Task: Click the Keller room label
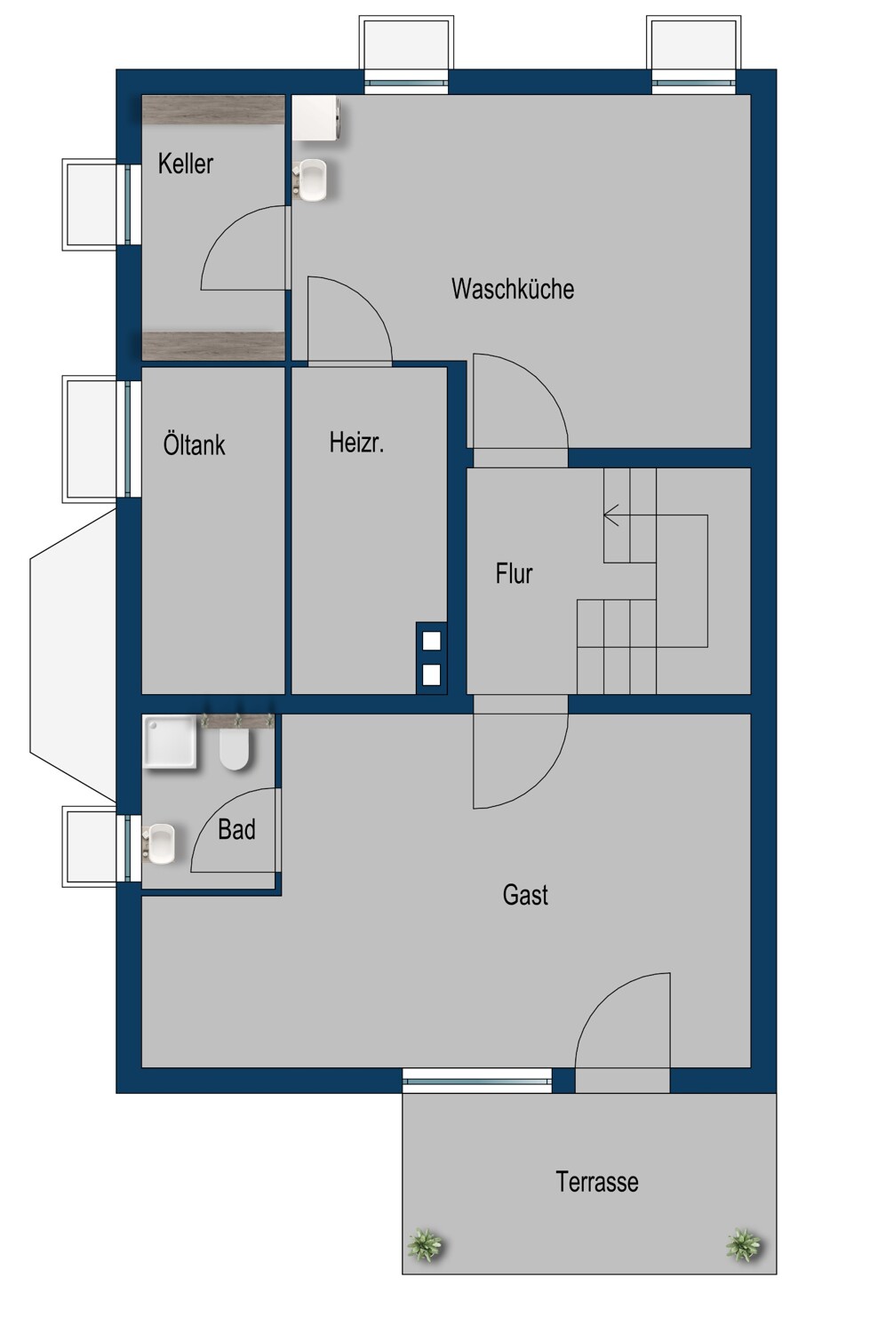point(185,164)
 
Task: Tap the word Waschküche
point(513,289)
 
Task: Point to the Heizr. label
point(356,443)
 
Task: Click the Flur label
point(514,574)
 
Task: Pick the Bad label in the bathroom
point(236,829)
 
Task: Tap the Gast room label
point(525,894)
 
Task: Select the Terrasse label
point(597,1181)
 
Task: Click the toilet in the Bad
point(234,749)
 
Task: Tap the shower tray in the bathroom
point(170,741)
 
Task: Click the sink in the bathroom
point(160,844)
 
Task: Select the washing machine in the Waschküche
point(317,118)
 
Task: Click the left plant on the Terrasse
point(425,1244)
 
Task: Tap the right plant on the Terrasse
point(744,1244)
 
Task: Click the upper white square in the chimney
point(431,641)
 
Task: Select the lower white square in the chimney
point(431,675)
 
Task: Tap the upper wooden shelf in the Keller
point(213,110)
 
